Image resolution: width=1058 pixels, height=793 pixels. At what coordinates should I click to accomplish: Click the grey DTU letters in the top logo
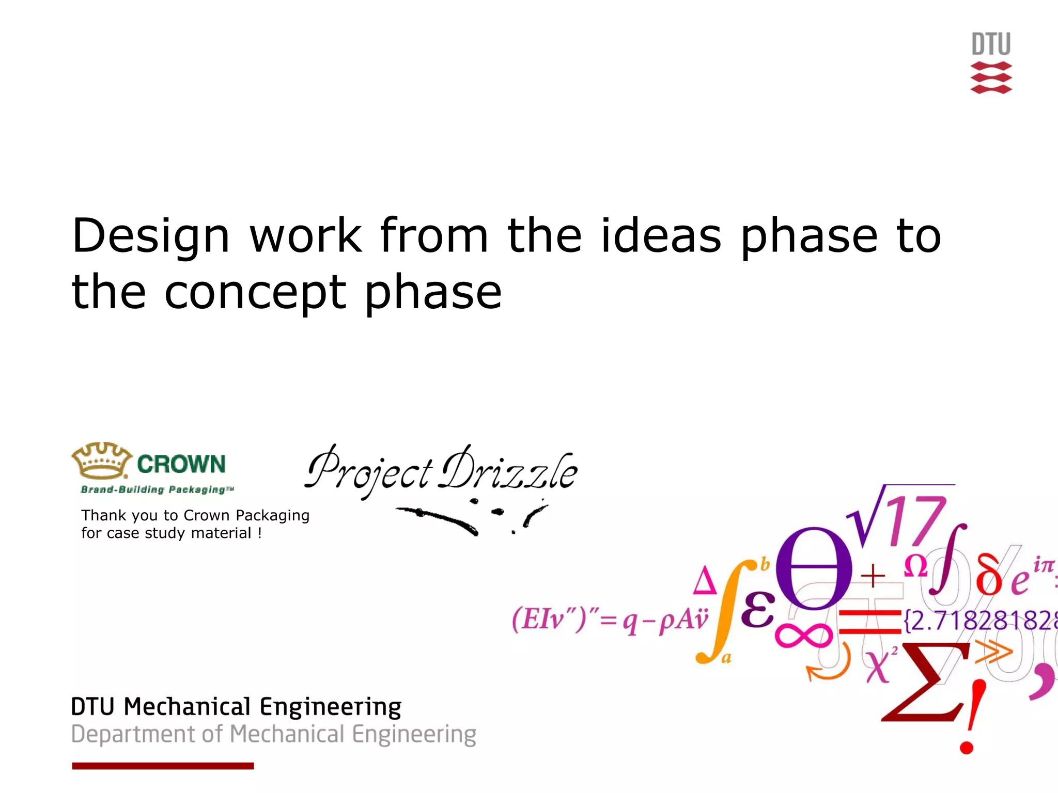991,44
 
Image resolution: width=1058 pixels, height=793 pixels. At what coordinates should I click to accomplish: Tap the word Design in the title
150,237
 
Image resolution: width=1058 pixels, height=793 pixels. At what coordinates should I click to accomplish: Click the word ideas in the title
661,236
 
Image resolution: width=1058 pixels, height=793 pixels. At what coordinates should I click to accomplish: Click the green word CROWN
181,464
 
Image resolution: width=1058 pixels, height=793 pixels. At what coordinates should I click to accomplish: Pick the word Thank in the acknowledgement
103,515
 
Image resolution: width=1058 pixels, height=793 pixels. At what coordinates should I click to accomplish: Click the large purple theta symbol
814,568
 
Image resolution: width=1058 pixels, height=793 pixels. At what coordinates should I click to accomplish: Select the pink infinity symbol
803,635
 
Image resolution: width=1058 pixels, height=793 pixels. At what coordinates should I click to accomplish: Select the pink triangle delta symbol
705,580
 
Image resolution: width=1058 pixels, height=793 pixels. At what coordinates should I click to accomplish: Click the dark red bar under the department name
163,766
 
